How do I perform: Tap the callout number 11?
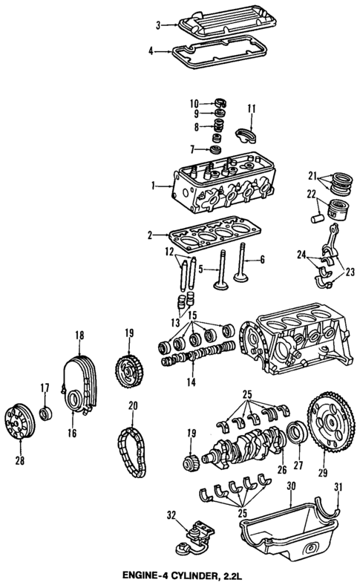pos(251,109)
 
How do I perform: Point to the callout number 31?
pos(339,487)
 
